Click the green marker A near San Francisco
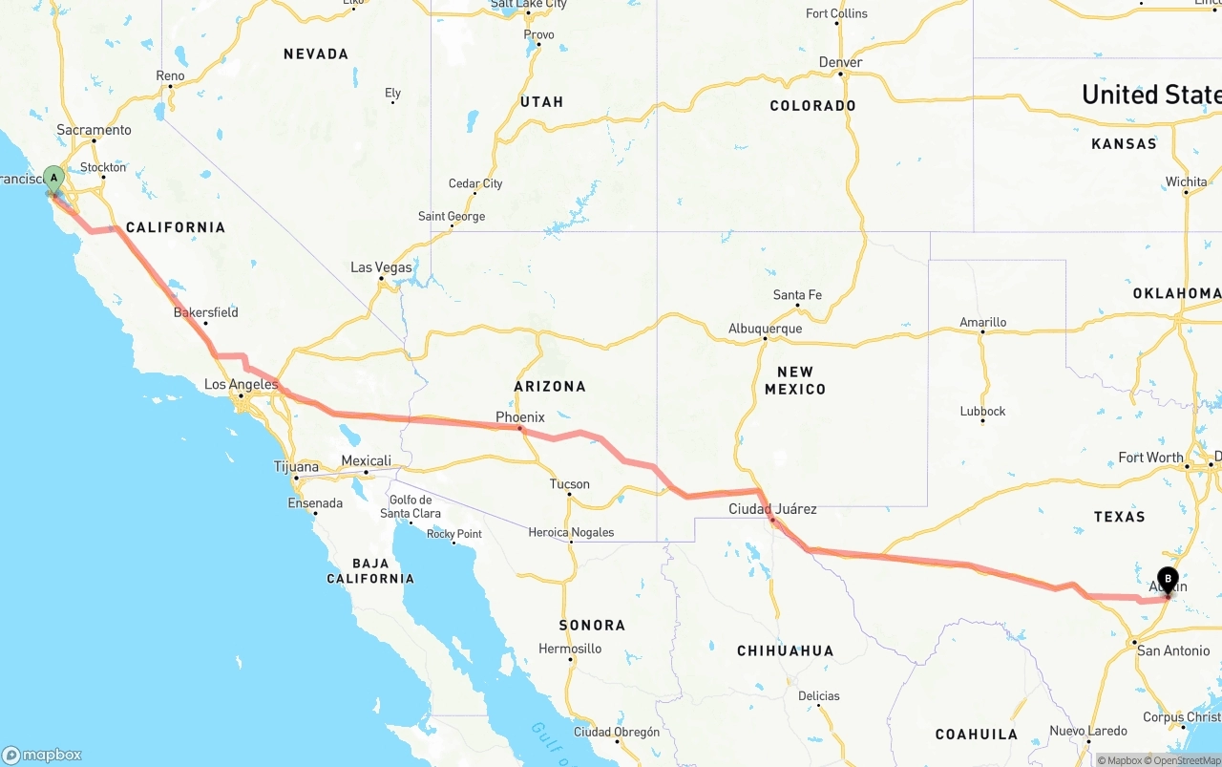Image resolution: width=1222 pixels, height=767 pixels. tap(54, 178)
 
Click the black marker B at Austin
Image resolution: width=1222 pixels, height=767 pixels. tap(1168, 578)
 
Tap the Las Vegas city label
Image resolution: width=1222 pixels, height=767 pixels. tap(381, 267)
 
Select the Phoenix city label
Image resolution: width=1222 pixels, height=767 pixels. tap(519, 417)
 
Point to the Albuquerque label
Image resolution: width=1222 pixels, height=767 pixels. tap(765, 329)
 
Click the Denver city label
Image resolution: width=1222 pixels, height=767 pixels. tap(840, 62)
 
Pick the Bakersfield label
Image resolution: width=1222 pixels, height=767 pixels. tap(205, 312)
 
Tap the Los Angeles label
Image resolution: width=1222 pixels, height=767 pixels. tap(241, 385)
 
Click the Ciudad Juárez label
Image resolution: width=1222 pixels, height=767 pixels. tap(772, 508)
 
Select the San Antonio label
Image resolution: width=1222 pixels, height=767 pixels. tap(1173, 650)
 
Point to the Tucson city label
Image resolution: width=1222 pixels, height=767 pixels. tap(569, 484)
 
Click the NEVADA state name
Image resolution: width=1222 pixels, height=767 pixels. tap(316, 54)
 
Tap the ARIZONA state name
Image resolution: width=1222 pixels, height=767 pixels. tap(550, 387)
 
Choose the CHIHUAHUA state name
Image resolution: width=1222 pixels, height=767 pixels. tap(785, 650)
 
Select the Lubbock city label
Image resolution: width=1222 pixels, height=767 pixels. tap(982, 412)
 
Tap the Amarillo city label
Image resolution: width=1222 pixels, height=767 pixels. tap(982, 323)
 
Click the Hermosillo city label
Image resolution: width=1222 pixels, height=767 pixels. tap(570, 649)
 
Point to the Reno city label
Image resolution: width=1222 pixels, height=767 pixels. tap(170, 76)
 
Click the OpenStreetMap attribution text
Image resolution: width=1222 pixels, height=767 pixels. tap(1187, 760)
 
